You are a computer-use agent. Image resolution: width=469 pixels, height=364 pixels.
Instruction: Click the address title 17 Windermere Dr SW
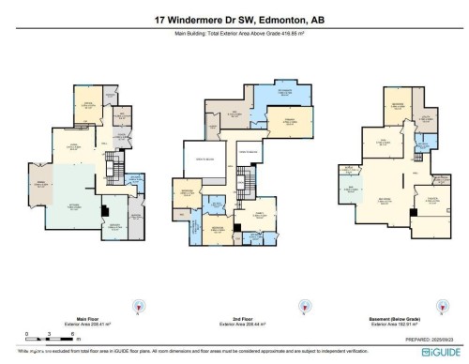coord(234,19)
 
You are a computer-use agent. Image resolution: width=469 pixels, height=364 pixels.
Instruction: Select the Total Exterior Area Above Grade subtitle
coord(234,35)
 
